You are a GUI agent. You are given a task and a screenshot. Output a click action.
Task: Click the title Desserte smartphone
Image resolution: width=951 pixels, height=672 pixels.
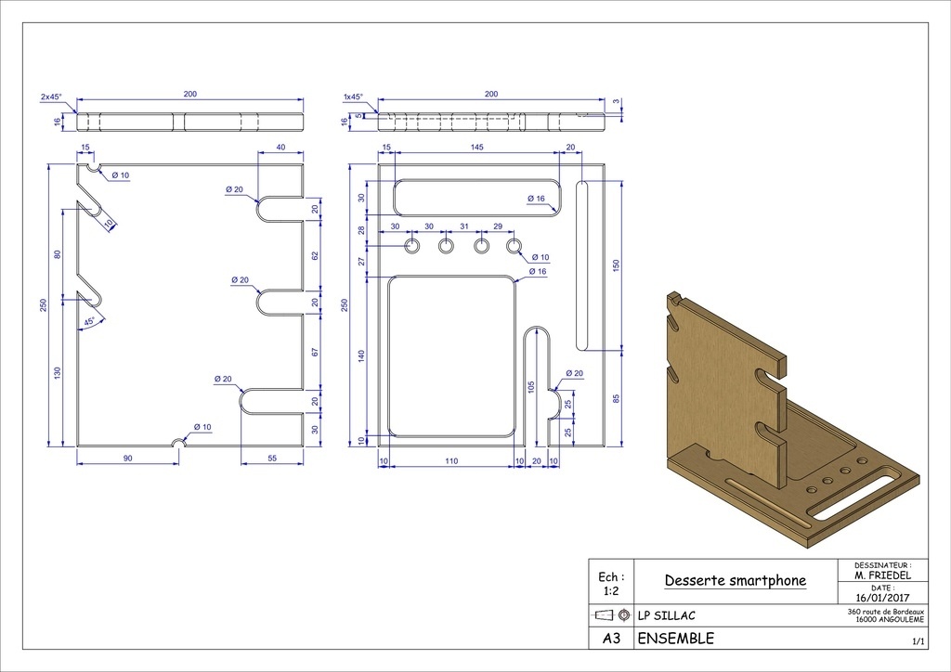tap(736, 580)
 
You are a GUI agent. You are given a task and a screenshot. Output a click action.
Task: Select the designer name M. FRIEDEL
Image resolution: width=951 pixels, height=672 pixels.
tap(882, 575)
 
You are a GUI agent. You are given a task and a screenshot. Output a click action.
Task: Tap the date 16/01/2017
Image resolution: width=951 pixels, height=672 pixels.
tap(882, 598)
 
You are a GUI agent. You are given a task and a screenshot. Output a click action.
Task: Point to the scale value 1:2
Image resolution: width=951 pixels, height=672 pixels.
tap(611, 591)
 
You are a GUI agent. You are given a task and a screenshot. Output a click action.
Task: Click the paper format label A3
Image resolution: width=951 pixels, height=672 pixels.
tap(611, 638)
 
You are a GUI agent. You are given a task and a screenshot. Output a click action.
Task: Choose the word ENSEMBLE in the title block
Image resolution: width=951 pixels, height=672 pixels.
tap(676, 638)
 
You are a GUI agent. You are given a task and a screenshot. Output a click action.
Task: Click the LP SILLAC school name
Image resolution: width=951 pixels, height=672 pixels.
tap(667, 615)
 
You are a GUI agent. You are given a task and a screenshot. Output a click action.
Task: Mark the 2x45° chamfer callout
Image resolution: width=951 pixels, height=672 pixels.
tap(51, 97)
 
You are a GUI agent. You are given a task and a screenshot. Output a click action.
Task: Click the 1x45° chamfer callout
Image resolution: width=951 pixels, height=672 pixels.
tap(353, 97)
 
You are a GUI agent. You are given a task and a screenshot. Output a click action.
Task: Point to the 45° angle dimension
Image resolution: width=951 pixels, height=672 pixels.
tap(90, 322)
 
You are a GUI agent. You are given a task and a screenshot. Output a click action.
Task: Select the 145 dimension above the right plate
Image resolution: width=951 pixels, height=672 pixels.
tap(476, 148)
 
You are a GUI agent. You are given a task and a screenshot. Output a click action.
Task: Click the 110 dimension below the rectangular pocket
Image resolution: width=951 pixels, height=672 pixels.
tap(451, 461)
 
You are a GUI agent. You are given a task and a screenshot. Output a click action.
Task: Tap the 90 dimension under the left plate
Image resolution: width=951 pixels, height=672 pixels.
tap(127, 459)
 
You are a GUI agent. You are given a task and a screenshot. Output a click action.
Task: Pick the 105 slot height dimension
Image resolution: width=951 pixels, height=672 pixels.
tap(531, 388)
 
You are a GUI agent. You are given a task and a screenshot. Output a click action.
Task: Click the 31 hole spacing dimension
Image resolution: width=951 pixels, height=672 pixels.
tap(464, 226)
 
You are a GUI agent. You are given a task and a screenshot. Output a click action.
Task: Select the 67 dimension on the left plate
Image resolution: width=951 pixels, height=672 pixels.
tap(315, 352)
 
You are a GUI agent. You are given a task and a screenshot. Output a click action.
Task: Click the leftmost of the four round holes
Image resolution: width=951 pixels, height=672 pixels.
tap(412, 246)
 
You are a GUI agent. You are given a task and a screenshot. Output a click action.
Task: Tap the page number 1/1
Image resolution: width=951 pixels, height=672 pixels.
tap(918, 641)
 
